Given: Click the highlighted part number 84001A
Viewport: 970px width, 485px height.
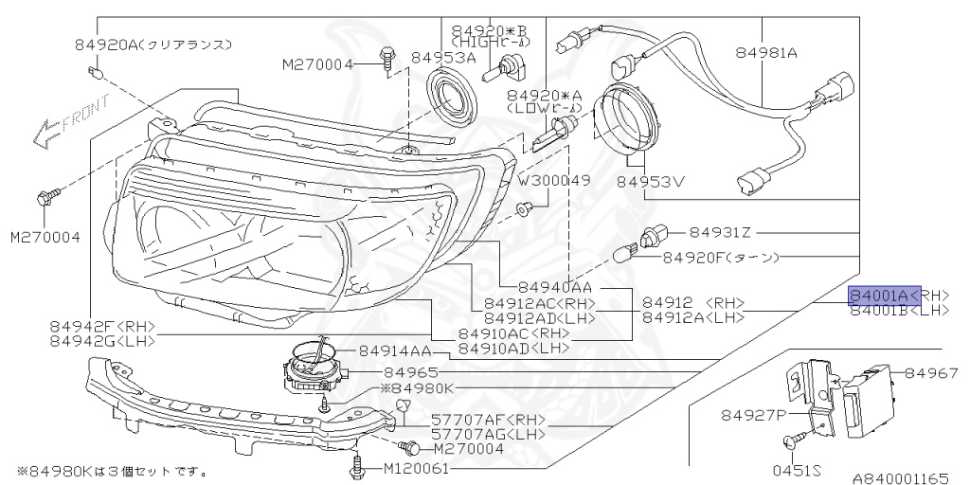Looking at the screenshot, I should (x=883, y=296).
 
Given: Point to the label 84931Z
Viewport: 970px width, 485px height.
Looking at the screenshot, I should (x=720, y=232).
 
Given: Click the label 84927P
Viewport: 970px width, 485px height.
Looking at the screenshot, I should (x=754, y=414).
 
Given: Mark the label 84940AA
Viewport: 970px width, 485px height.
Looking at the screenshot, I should (x=555, y=287).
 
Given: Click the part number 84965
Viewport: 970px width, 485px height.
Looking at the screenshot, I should (x=410, y=372).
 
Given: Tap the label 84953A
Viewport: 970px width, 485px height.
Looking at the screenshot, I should (x=442, y=59).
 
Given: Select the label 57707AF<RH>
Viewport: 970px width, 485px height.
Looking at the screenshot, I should (x=488, y=418).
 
